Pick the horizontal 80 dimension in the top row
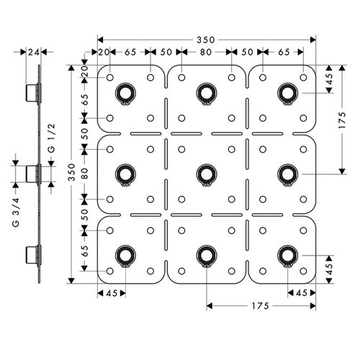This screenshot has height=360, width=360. click(206, 53)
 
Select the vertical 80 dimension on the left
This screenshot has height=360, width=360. click(86, 173)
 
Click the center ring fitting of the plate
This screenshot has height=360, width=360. click(206, 173)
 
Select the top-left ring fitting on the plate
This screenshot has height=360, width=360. click(125, 92)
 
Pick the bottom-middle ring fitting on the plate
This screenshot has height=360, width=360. click(206, 253)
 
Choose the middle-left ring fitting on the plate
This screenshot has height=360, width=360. click(125, 173)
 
